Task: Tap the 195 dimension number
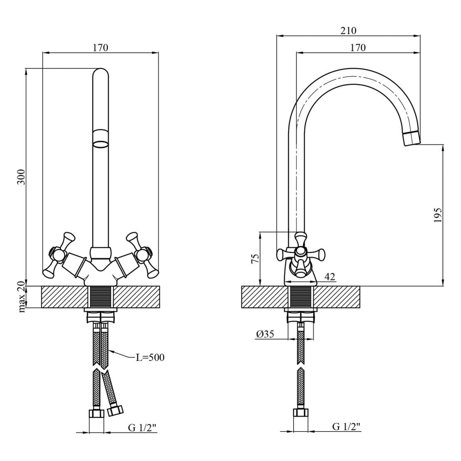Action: [x=437, y=215]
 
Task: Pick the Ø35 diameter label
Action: [x=265, y=333]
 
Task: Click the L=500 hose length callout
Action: [x=150, y=357]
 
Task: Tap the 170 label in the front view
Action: [x=100, y=47]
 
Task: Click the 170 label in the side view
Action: [x=358, y=47]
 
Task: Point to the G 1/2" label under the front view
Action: [x=142, y=427]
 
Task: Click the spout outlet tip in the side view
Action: [x=412, y=138]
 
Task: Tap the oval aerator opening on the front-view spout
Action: [x=100, y=145]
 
